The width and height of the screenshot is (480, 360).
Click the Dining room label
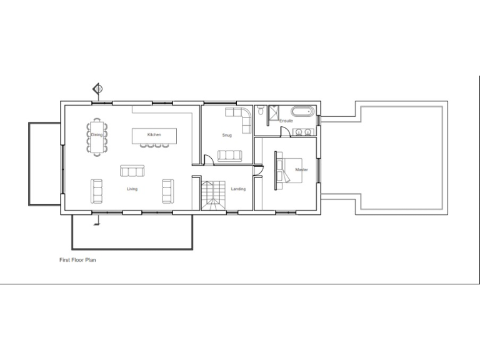pyautogui.click(x=96, y=135)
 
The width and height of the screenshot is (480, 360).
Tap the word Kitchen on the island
pyautogui.click(x=154, y=135)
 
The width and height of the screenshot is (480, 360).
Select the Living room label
pyautogui.click(x=132, y=189)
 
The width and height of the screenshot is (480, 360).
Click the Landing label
pyautogui.click(x=238, y=189)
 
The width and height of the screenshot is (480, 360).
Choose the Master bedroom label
pyautogui.click(x=301, y=169)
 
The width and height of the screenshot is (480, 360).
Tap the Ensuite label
pyautogui.click(x=286, y=121)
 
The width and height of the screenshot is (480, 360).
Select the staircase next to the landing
pyautogui.click(x=212, y=196)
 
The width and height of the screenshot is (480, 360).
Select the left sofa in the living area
pyautogui.click(x=97, y=191)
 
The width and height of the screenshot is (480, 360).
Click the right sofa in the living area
pyautogui.click(x=167, y=191)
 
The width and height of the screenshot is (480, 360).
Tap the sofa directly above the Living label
pyautogui.click(x=132, y=171)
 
